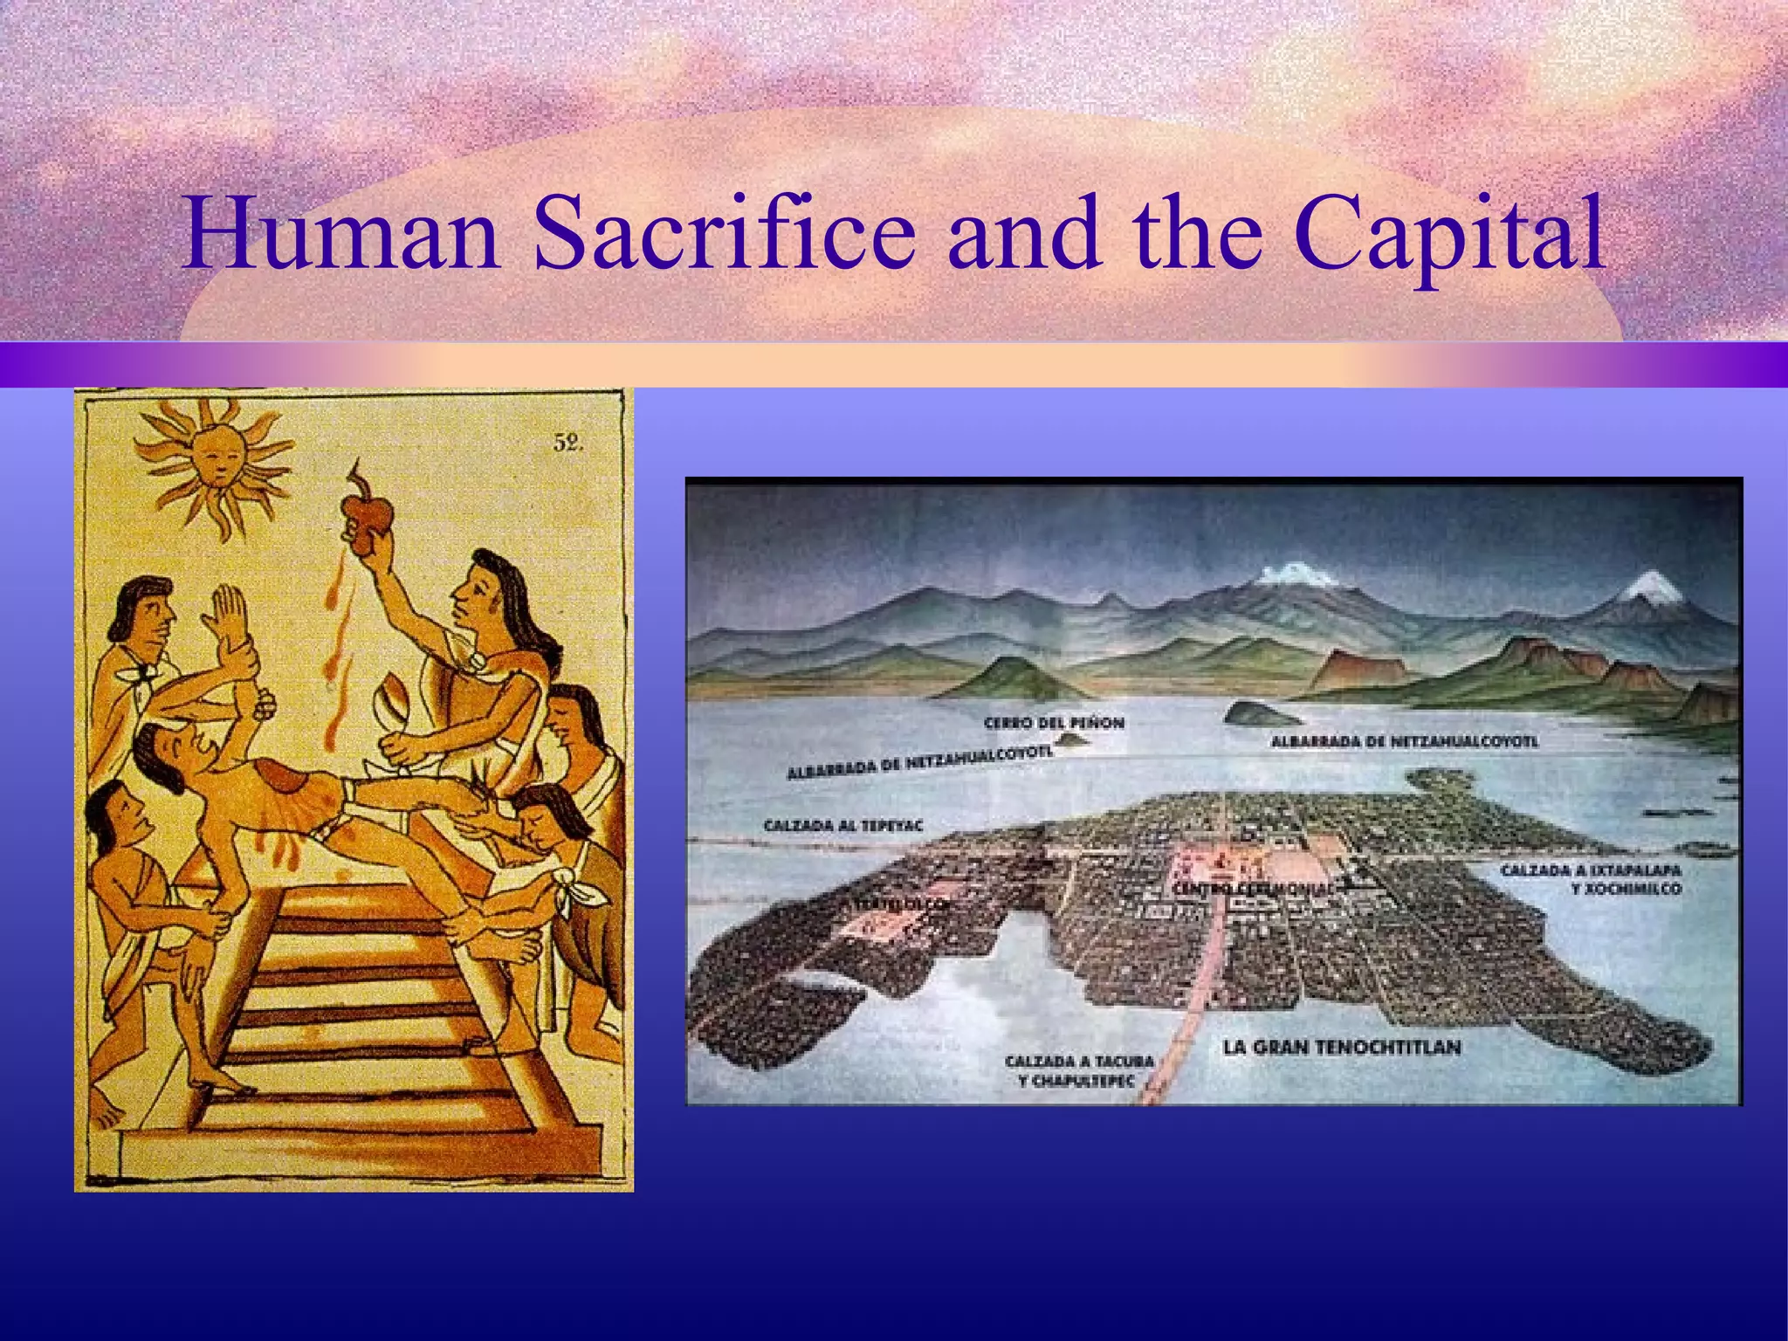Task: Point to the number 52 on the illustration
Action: point(567,444)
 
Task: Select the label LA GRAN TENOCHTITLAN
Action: point(1342,1047)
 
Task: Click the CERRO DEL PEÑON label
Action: point(1054,723)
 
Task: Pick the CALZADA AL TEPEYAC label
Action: point(843,825)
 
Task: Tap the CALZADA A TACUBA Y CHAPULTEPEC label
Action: point(1079,1071)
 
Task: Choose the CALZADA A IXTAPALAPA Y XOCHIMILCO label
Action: point(1591,879)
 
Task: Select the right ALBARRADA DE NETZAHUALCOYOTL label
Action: point(1404,742)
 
